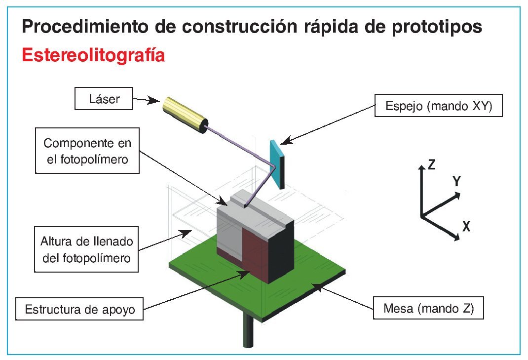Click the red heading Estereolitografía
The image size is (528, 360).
coord(93,55)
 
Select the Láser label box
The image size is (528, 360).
coord(104,99)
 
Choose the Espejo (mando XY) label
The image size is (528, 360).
coord(439,106)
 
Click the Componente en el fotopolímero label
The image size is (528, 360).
coord(88,151)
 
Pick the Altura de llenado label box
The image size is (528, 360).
coord(86,249)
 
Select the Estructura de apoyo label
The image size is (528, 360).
coord(79,311)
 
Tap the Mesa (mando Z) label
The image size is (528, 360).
coord(428,310)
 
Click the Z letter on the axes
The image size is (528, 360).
coord(431,164)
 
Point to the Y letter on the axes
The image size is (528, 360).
coord(457,182)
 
